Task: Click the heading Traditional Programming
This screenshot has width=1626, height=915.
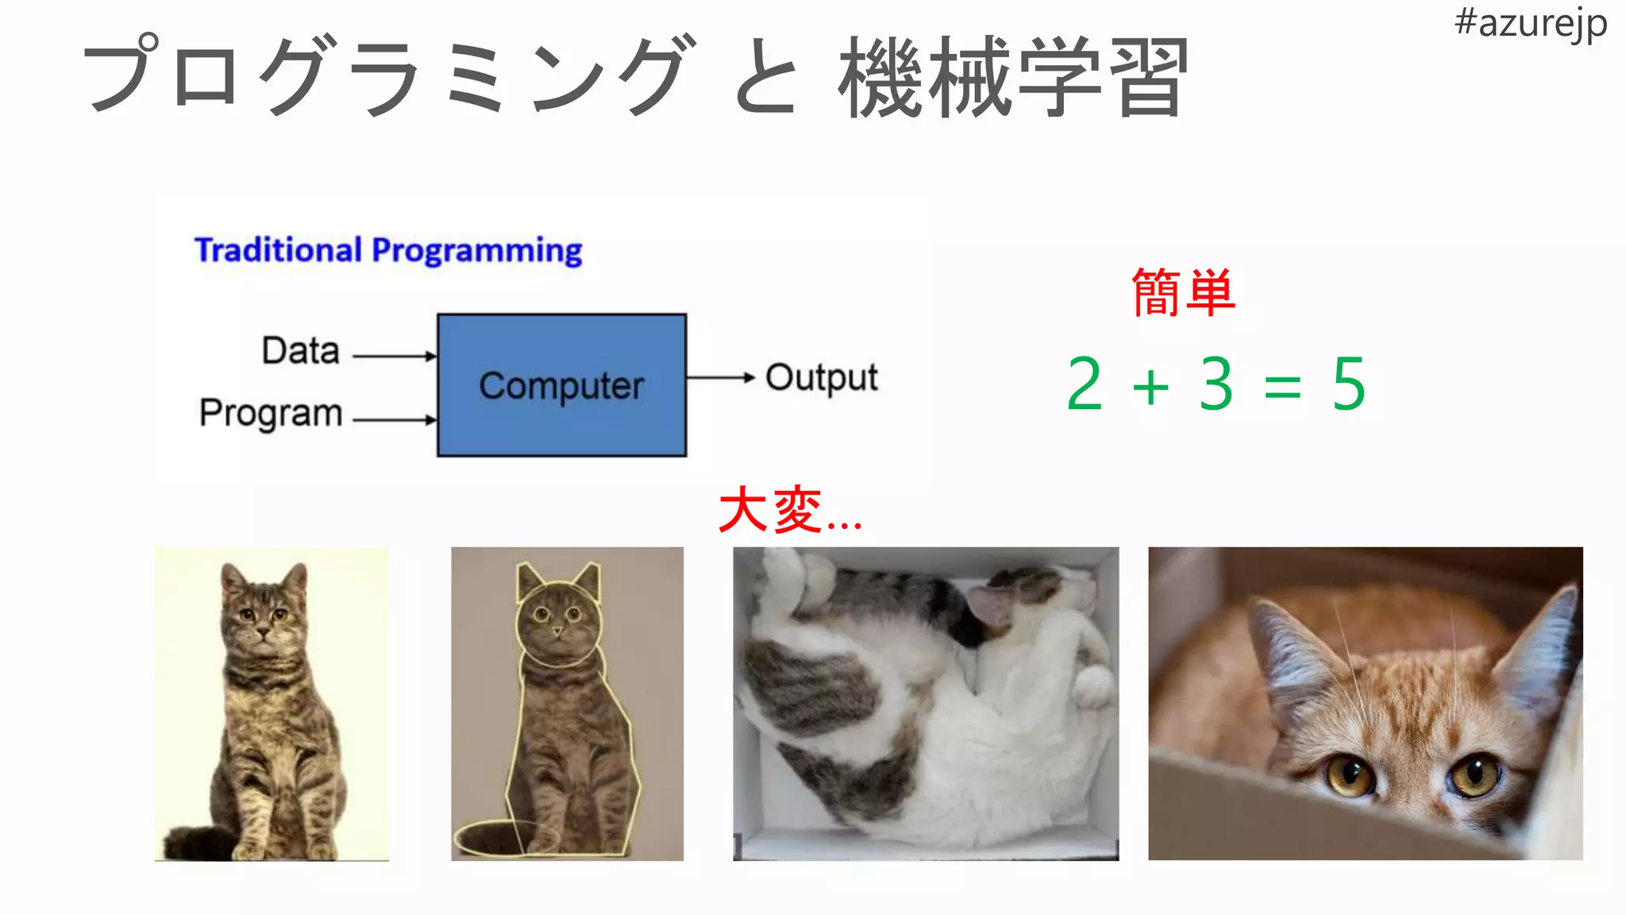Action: coord(388,250)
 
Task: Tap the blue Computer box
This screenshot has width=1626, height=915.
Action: coord(561,385)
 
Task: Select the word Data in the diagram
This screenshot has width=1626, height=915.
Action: coord(301,350)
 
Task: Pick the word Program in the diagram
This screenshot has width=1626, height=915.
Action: coord(271,413)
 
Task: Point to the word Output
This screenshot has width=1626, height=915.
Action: coord(822,378)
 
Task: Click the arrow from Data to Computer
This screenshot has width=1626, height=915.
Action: coord(395,357)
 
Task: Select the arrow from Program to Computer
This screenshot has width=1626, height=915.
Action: coord(395,419)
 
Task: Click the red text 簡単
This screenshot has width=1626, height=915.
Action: coord(1183,293)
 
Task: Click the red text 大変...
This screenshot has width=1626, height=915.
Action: coord(770,510)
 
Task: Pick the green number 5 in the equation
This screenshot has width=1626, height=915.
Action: coord(1349,384)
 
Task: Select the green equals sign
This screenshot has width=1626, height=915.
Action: coord(1282,388)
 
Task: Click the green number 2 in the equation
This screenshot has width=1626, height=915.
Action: coord(1085,384)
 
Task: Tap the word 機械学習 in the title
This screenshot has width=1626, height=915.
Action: coord(1013,78)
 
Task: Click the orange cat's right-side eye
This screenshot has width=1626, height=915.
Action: coord(1475,774)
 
